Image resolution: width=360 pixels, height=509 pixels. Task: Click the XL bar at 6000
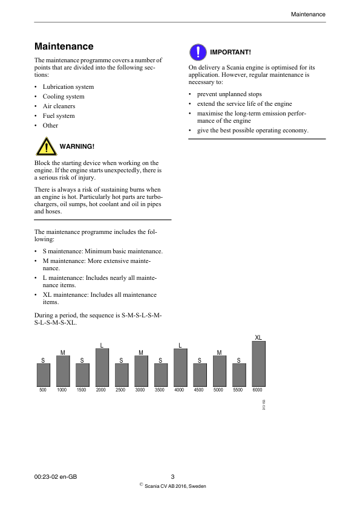point(258,364)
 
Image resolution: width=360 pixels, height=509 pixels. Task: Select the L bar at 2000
point(102,368)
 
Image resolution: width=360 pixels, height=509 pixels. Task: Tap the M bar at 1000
point(63,371)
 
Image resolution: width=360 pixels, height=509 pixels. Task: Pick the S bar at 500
point(43,375)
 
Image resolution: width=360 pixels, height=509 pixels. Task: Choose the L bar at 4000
point(180,368)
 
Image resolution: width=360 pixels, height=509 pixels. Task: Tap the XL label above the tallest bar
point(258,337)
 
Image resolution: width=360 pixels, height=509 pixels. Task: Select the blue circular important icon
point(197,52)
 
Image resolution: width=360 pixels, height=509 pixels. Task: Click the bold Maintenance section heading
point(64,47)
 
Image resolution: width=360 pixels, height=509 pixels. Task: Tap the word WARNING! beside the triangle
point(77,147)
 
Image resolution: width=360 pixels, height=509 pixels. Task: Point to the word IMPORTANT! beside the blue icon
point(231,52)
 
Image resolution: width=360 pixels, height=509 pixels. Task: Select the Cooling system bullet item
point(64,97)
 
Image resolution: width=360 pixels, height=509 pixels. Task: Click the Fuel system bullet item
point(59,116)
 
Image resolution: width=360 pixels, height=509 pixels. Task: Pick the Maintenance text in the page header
point(308,14)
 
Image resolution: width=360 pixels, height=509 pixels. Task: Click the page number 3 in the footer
point(172,476)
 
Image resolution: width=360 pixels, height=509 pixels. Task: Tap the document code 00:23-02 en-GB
point(56,476)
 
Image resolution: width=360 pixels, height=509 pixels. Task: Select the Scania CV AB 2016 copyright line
point(172,486)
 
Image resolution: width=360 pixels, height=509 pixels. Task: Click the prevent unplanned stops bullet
point(229,94)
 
